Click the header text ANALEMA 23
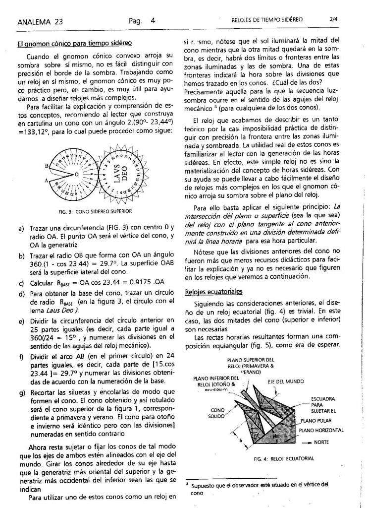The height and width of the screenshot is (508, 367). point(37,21)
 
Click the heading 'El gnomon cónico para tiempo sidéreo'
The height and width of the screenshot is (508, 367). point(74,44)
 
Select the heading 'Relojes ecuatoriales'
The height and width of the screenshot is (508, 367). point(209,291)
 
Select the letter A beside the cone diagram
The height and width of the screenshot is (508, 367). point(48,182)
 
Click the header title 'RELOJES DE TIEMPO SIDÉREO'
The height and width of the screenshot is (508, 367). point(267,20)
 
